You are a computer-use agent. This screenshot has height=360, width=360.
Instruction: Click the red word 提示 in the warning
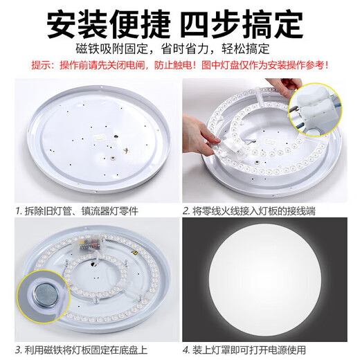pos(43,64)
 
